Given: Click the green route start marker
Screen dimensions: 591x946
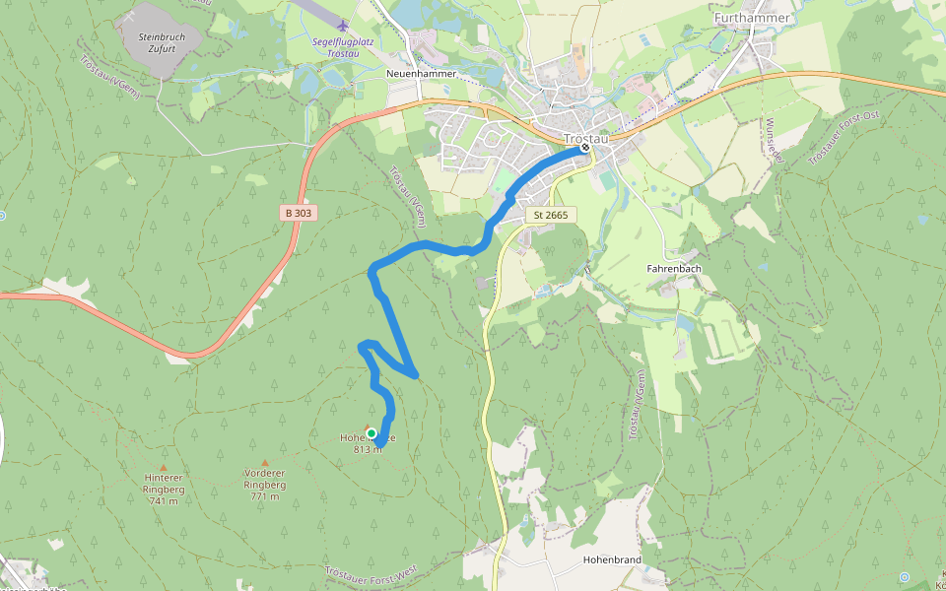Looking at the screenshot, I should pyautogui.click(x=372, y=433).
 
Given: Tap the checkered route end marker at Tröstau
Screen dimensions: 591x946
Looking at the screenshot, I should pyautogui.click(x=585, y=148).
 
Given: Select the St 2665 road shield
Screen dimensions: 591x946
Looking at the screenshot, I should pyautogui.click(x=552, y=215).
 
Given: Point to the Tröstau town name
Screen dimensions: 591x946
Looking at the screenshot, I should pyautogui.click(x=586, y=138).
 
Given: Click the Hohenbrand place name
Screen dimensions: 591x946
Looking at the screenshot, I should pyautogui.click(x=612, y=559).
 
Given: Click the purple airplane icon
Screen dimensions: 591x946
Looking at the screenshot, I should pyautogui.click(x=342, y=25).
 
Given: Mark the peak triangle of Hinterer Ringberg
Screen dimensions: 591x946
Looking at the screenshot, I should pyautogui.click(x=164, y=468).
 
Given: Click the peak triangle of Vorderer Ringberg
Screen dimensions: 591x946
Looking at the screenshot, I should pyautogui.click(x=264, y=463).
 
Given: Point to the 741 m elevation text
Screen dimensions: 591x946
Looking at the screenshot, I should pyautogui.click(x=164, y=500).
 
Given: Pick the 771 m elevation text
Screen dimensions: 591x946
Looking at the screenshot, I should pyautogui.click(x=264, y=496).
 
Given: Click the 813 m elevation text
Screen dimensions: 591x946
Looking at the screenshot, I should pyautogui.click(x=367, y=449).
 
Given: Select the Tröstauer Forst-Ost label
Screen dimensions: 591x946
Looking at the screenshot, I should pyautogui.click(x=843, y=139).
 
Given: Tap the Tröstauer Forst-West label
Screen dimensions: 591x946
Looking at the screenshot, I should pyautogui.click(x=385, y=572).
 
